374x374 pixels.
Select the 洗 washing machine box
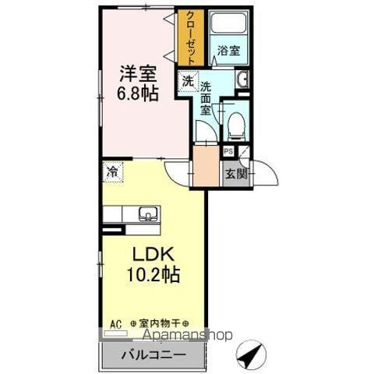click(x=188, y=82)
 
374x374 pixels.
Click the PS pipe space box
click(x=229, y=152)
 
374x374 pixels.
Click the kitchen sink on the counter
click(x=147, y=213)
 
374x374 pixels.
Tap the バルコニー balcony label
click(x=153, y=355)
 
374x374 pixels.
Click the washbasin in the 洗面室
click(x=241, y=79)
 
